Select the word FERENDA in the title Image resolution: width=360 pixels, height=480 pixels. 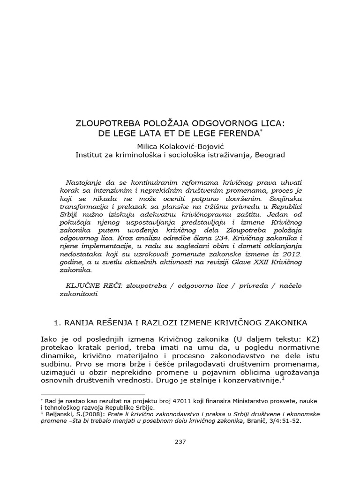(239, 134)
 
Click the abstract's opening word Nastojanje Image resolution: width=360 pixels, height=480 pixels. (84, 181)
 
